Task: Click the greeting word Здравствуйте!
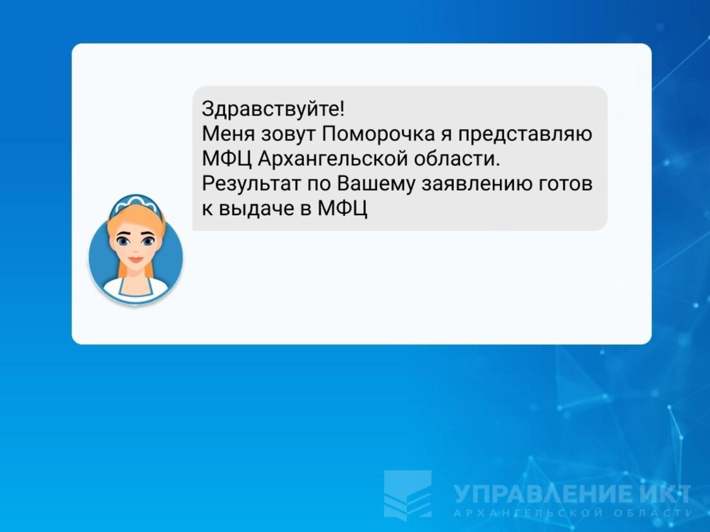[x=273, y=109]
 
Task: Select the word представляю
[x=526, y=135]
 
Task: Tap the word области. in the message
[x=456, y=159]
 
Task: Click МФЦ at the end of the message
[x=343, y=209]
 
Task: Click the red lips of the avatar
[x=135, y=260]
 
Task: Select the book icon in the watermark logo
[x=408, y=494]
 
